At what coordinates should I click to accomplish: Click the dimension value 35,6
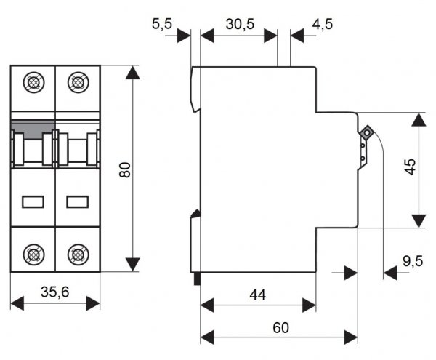54,292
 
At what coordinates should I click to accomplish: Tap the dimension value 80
124,170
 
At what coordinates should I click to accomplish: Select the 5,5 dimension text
162,25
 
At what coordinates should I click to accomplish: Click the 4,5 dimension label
322,24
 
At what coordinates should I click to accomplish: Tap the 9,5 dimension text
413,261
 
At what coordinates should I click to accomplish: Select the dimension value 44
257,295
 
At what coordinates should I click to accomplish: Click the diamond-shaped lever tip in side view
366,134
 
